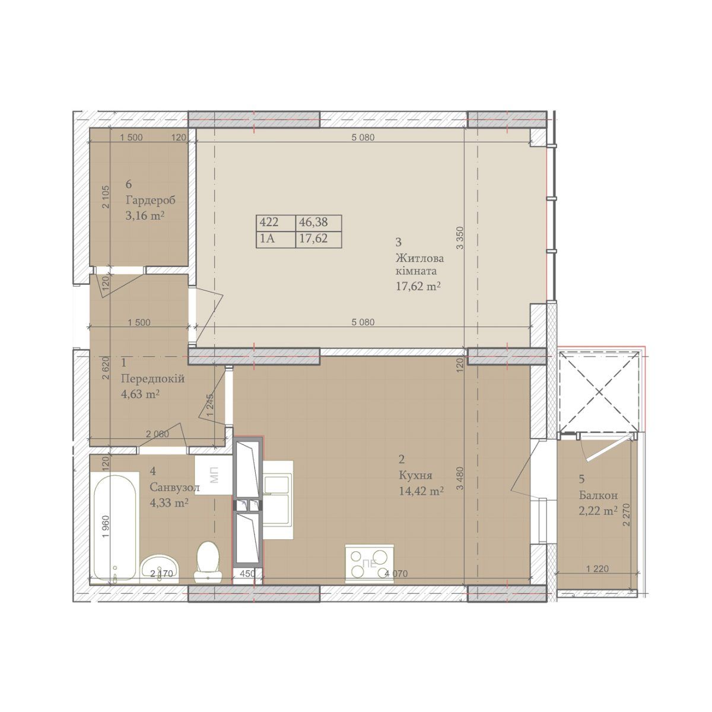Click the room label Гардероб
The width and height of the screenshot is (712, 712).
pyautogui.click(x=150, y=200)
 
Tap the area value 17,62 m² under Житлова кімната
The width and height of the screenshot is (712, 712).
pyautogui.click(x=418, y=286)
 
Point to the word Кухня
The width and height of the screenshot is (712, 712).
pyautogui.click(x=416, y=475)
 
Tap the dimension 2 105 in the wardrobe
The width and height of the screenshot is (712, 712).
pyautogui.click(x=106, y=196)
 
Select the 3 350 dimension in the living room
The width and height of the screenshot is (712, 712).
pyautogui.click(x=460, y=239)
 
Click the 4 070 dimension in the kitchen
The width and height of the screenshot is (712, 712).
pyautogui.click(x=396, y=573)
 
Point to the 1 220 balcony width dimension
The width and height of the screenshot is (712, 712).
pyautogui.click(x=597, y=568)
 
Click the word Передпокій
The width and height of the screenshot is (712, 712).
pyautogui.click(x=153, y=379)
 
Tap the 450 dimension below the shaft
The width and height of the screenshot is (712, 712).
pyautogui.click(x=247, y=573)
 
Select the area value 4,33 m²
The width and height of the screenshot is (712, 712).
pyautogui.click(x=170, y=503)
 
